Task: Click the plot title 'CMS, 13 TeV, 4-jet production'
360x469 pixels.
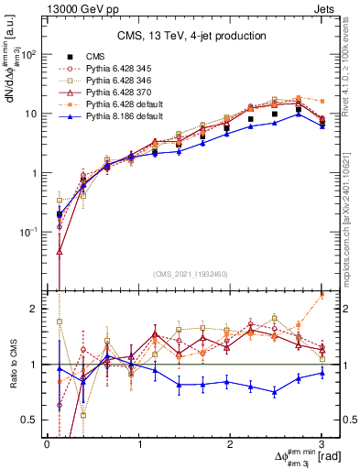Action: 191,36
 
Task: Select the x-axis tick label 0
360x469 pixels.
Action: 47,444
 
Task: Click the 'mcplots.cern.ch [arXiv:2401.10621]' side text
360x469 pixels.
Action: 351,211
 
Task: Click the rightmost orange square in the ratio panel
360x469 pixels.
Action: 322,294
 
